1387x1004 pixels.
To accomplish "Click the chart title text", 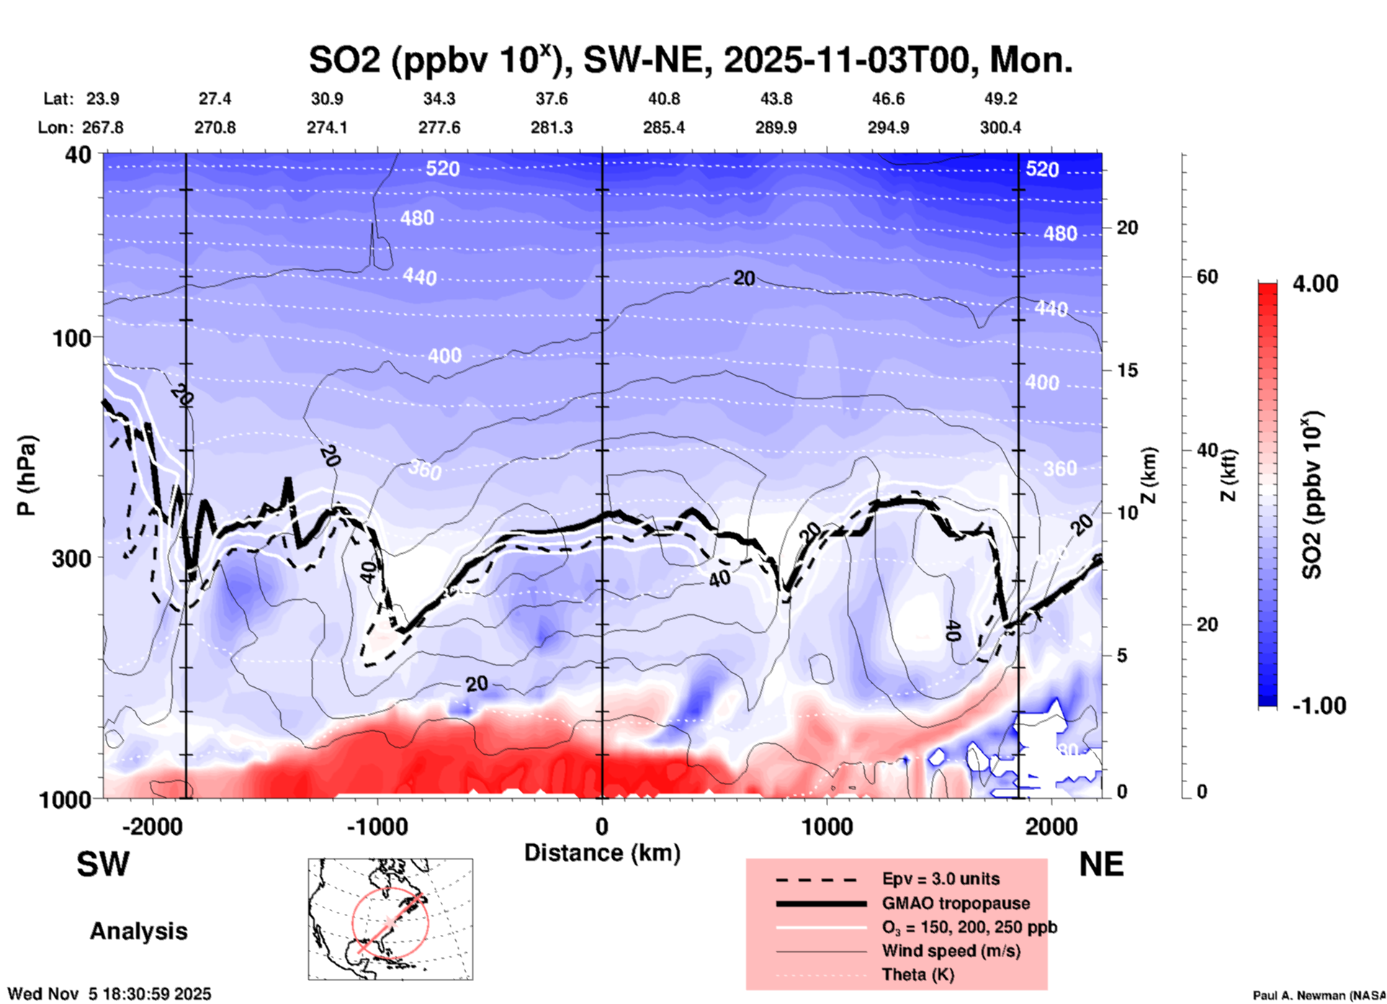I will coord(690,60).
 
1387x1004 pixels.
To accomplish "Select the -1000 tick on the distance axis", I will coord(377,826).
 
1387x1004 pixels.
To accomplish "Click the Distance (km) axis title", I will coord(602,853).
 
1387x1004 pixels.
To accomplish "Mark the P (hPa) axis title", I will coord(27,475).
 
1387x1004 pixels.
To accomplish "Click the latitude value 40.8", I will coord(663,99).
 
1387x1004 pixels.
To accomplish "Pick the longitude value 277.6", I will coord(439,127).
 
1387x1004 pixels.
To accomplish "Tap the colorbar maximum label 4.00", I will coord(1315,284).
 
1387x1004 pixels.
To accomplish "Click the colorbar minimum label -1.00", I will coord(1319,706).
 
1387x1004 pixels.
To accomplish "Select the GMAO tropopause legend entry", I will coord(956,903).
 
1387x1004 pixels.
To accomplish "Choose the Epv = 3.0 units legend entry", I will coord(941,879).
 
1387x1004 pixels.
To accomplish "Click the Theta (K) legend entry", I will coord(917,974).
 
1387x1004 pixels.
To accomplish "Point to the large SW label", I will coord(103,864).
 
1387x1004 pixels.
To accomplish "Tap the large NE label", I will coord(1101,864).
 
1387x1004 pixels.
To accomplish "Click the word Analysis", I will coord(138,931).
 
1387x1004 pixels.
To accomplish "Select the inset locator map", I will coord(390,919).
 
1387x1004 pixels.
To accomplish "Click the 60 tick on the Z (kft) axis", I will coord(1207,277).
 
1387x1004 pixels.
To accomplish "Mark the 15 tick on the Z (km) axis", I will coord(1127,370).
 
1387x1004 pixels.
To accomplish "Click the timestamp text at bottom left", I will coord(109,994).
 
